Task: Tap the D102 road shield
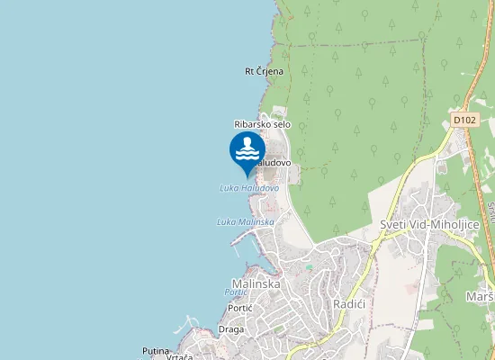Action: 464,119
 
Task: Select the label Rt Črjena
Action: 265,71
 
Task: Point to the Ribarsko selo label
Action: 262,124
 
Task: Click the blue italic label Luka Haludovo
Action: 249,188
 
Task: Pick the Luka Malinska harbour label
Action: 245,221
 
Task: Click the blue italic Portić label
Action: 236,292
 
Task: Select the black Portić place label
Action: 240,308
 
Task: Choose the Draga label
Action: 230,329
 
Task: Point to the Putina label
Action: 156,350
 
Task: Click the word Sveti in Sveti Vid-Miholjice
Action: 393,224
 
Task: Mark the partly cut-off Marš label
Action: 479,297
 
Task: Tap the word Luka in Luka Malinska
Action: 226,221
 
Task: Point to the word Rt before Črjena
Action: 249,71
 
